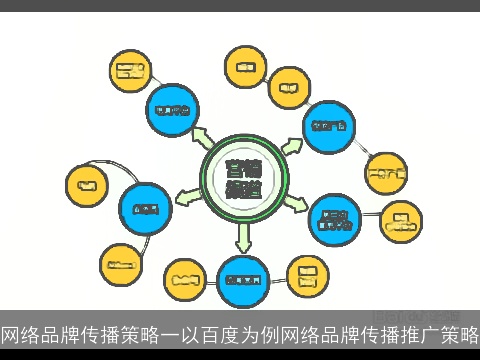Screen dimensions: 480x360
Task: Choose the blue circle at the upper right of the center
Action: tap(329, 127)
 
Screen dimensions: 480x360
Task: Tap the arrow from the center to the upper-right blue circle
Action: tap(290, 145)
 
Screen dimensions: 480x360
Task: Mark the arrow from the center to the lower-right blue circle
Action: tap(296, 203)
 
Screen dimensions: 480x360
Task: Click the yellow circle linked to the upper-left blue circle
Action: tap(129, 71)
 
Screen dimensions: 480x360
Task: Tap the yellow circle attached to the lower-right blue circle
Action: tap(403, 217)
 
